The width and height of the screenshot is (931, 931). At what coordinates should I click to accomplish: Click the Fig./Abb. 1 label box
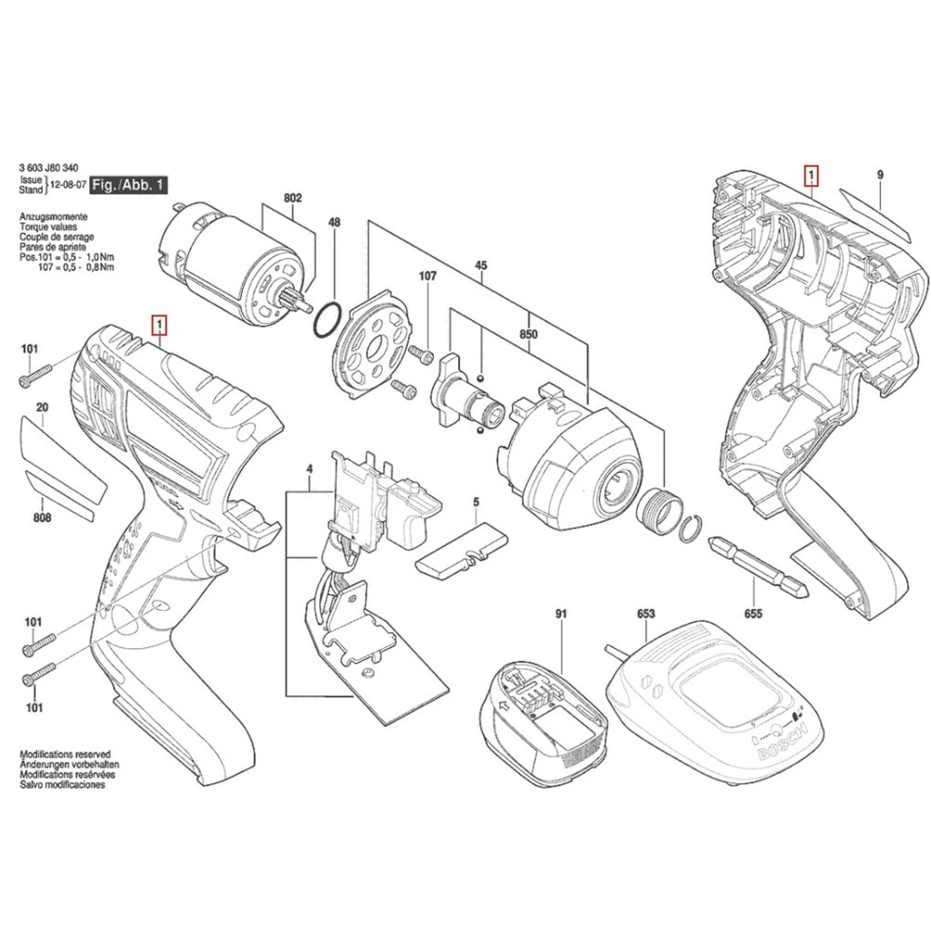click(x=128, y=184)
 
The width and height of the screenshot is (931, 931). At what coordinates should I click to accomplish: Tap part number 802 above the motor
click(x=292, y=197)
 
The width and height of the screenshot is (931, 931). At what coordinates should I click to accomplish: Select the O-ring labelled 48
click(x=327, y=320)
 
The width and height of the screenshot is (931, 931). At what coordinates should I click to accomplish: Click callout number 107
click(x=427, y=276)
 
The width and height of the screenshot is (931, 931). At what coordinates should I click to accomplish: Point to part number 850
click(x=529, y=334)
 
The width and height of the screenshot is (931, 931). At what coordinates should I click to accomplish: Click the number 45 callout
click(x=481, y=265)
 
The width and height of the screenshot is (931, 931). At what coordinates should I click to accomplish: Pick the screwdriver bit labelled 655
click(x=758, y=567)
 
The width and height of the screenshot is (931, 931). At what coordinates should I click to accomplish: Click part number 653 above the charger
click(x=645, y=614)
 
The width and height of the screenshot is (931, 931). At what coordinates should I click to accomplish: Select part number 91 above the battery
click(x=561, y=614)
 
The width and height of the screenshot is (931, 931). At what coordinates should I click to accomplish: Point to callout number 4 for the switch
click(x=309, y=469)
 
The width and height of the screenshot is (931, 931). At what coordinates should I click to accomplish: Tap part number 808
click(x=42, y=518)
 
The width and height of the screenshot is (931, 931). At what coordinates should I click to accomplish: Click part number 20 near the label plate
click(x=42, y=408)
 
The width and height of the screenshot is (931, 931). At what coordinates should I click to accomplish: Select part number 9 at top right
click(x=880, y=175)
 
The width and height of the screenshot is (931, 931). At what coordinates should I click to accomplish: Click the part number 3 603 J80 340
click(x=48, y=168)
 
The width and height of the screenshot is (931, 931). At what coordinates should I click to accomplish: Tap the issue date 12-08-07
click(x=68, y=184)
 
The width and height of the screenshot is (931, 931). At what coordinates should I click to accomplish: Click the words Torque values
click(x=48, y=227)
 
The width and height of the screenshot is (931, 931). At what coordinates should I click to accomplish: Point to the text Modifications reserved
click(x=65, y=754)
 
